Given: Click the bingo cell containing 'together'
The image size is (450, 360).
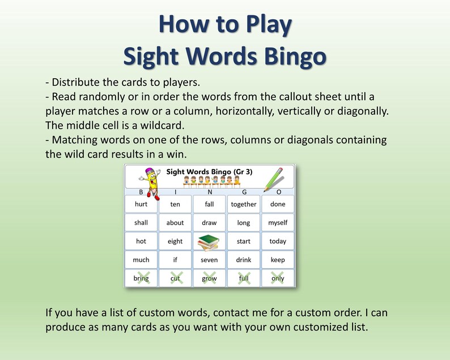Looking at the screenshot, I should pos(244,204).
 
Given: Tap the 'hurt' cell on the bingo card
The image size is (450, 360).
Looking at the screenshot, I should pos(141,204).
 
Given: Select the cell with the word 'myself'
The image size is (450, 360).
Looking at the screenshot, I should pos(278,223).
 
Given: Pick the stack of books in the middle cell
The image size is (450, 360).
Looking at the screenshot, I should pos(209,242).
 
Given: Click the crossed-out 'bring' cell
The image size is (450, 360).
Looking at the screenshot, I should pos(141,278).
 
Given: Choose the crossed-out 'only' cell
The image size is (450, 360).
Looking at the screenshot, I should pos(278,278).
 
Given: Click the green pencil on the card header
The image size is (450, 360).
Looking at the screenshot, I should pos(274,179).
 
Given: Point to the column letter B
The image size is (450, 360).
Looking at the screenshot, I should pos(141,192).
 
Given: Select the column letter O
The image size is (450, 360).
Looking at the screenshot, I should pos(278,192).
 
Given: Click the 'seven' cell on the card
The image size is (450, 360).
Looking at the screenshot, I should pos(209,260).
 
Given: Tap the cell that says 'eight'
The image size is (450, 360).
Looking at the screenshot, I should pos(175,242).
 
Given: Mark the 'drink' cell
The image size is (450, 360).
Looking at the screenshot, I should pos(244,260).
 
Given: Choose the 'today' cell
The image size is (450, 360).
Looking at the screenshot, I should pos(278,242).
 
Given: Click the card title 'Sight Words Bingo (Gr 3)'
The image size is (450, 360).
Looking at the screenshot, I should pos(209,171).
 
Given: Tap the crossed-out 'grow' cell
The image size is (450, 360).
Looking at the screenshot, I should pos(209,278).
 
